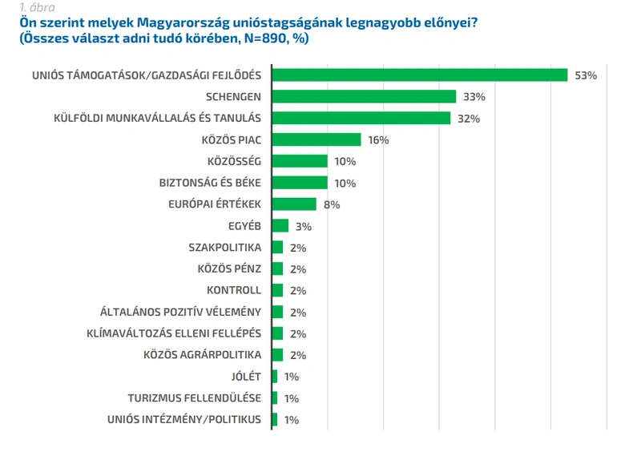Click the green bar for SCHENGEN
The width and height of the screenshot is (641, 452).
364,96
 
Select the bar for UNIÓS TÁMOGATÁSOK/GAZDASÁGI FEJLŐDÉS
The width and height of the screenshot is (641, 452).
420,75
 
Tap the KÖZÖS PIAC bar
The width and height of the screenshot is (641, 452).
316,139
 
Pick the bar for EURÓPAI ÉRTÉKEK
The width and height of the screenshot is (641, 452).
294,204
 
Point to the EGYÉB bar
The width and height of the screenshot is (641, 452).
280,225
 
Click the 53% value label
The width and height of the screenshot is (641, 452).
586,75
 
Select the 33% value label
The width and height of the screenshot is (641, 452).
474,97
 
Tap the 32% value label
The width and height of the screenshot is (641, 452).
469,119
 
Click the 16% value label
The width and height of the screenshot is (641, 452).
378,140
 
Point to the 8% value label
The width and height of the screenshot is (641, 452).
332,204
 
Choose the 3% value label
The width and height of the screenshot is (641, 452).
304,227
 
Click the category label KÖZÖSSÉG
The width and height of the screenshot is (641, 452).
234,161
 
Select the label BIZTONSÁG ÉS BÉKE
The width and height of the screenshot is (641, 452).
210,183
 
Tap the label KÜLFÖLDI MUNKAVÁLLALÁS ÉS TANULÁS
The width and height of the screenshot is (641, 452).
157,118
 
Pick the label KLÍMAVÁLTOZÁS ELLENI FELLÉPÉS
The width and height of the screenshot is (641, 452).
174,333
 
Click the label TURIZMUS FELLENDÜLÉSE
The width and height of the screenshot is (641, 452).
195,398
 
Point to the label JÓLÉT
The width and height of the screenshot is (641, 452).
246,376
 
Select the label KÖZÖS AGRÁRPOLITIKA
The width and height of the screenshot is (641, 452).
203,354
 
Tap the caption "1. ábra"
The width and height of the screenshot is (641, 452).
37,7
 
